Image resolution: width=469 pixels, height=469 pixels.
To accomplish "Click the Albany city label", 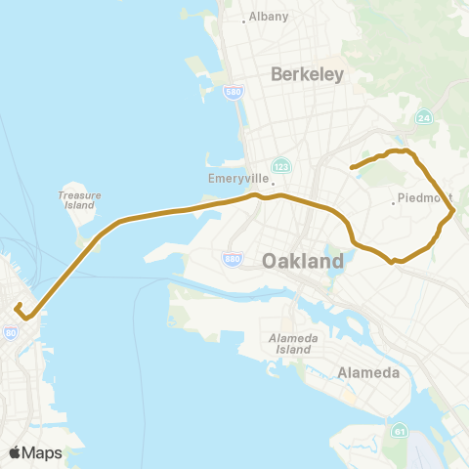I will (x=265, y=18).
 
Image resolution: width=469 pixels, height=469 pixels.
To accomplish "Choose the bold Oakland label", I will (x=303, y=262).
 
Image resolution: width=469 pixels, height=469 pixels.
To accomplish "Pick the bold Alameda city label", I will (x=366, y=373).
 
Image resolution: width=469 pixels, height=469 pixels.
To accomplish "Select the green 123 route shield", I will (x=280, y=166).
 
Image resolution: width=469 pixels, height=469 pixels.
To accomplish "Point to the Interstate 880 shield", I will (x=234, y=260).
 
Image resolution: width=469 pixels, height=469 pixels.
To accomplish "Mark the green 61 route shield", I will (x=399, y=429).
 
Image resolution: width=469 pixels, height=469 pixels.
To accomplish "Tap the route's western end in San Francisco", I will (x=17, y=307).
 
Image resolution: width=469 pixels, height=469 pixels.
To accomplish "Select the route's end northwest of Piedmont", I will (x=351, y=168).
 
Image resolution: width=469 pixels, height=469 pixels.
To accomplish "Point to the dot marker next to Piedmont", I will (x=394, y=202).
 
